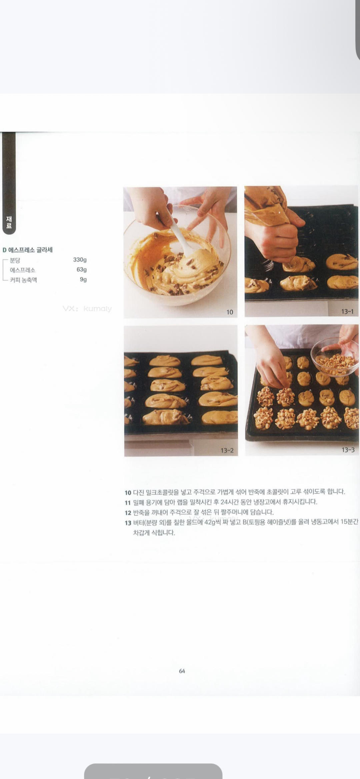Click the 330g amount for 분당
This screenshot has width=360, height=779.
click(x=80, y=260)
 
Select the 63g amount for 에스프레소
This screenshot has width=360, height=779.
click(x=82, y=269)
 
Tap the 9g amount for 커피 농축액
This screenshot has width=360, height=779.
click(x=83, y=279)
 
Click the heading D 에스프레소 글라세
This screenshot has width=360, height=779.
click(x=28, y=250)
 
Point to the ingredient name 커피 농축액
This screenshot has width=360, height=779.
click(x=23, y=280)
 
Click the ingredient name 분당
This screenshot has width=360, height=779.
click(x=15, y=260)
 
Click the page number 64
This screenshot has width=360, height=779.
click(x=182, y=671)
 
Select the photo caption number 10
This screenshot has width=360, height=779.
click(x=230, y=312)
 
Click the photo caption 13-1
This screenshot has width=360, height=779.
click(x=347, y=311)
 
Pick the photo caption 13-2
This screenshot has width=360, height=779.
click(x=227, y=450)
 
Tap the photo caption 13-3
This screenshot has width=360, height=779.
click(x=348, y=450)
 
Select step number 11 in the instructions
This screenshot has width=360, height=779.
click(x=128, y=503)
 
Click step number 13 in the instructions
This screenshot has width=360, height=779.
click(x=128, y=523)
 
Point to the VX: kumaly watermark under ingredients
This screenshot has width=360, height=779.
click(x=87, y=309)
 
